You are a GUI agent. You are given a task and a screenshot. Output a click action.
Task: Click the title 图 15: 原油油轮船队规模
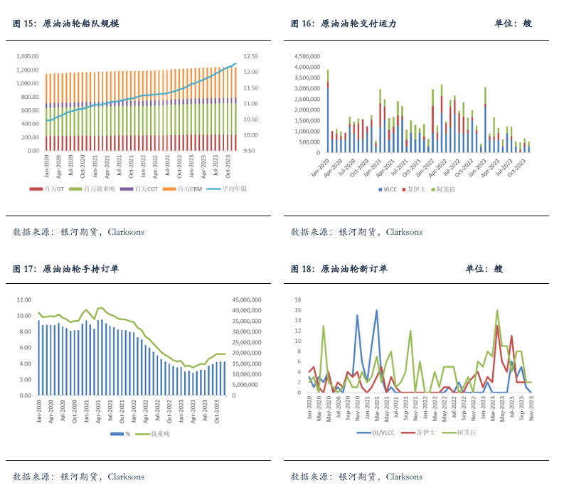tap(65, 23)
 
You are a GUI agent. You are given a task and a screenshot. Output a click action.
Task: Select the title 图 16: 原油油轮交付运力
tap(343, 23)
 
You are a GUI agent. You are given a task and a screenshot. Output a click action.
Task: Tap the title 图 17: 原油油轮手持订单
tap(65, 269)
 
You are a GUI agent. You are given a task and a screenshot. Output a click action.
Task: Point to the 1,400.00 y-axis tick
tap(27, 56)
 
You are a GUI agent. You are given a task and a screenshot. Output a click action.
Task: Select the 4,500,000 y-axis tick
tap(307, 56)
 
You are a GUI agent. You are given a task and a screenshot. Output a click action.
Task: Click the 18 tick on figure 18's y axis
tap(299, 299)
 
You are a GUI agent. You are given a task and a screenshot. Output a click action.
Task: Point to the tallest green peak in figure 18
tap(497, 310)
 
